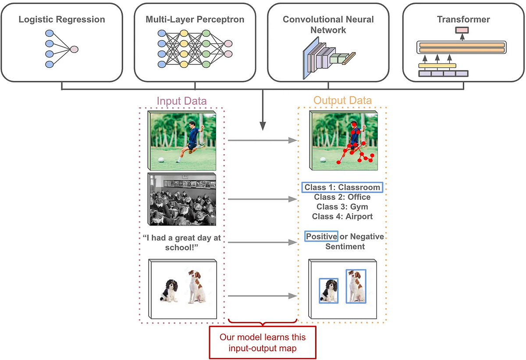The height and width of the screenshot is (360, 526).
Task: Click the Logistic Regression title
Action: tap(61, 20)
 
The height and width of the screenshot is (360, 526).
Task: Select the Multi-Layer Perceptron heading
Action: tap(195, 20)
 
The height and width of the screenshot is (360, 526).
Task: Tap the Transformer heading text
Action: tap(463, 20)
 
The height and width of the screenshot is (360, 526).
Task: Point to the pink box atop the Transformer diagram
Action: tap(462, 30)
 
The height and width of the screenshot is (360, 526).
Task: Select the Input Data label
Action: tap(181, 101)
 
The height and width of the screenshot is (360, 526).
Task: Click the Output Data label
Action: tap(342, 101)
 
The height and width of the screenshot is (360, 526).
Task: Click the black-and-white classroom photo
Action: tap(182, 199)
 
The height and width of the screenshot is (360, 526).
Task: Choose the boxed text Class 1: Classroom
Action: tap(342, 187)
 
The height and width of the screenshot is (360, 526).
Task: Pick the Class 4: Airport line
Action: tap(342, 216)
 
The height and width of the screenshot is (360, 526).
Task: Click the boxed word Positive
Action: tap(322, 236)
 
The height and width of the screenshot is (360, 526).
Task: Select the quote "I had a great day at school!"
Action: tap(182, 243)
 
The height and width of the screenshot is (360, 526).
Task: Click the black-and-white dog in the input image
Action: tap(169, 290)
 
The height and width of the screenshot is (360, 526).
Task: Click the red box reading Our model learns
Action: tap(263, 342)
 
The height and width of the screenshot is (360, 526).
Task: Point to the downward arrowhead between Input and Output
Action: tap(263, 127)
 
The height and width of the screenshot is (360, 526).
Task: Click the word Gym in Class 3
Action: tap(359, 207)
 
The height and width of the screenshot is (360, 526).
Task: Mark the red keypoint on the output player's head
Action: tap(354, 124)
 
